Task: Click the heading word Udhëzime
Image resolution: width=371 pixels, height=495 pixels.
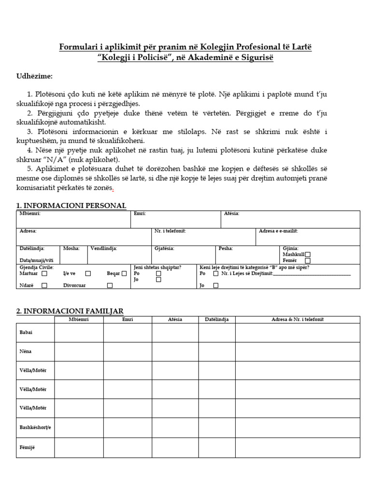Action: pos(34,76)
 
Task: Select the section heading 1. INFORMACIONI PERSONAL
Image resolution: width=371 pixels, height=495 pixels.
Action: pos(71,205)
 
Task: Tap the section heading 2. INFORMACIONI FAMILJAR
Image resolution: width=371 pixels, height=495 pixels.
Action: pos(70,311)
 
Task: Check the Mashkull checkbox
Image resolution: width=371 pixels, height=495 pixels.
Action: pos(308,254)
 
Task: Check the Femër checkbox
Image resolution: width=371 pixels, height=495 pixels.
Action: pos(308,261)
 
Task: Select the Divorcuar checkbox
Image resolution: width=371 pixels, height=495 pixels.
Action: pos(110,285)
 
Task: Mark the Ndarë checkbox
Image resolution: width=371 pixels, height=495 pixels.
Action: pos(44,285)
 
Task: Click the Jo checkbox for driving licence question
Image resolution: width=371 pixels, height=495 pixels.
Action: pos(215,285)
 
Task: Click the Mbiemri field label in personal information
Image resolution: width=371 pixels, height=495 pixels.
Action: pos(30,214)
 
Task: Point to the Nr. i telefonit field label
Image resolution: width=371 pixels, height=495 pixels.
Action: pos(170,231)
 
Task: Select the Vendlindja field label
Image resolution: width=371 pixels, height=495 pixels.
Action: pos(103,248)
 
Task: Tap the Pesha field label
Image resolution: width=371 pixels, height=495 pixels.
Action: pos(226,248)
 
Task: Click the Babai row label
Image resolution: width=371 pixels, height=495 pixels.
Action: pos(26,333)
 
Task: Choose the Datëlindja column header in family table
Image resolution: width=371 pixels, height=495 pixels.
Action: pos(216,320)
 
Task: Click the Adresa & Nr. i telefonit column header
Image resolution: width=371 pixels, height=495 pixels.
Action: pos(298,320)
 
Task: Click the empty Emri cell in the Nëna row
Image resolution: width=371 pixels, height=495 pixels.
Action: pos(128,351)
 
